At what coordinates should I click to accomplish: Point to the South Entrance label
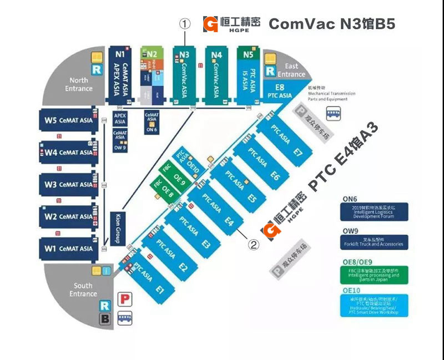point(83,290)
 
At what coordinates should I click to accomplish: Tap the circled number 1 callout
point(184,24)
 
